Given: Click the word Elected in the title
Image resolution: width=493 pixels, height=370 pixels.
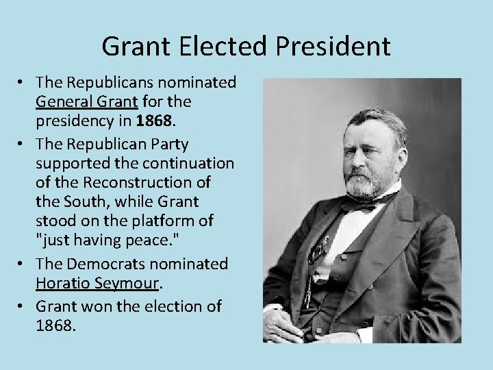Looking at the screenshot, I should [x=223, y=47].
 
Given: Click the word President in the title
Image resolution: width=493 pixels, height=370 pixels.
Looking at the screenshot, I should [x=336, y=47].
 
